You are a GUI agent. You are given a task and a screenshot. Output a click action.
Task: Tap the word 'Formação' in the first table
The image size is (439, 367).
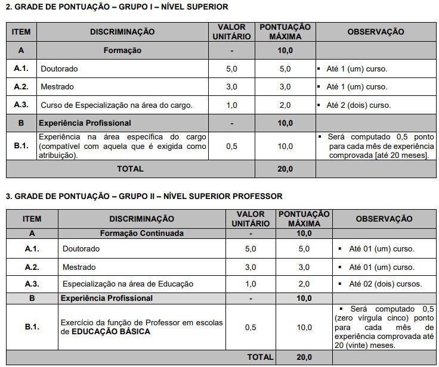pyautogui.click(x=122, y=51)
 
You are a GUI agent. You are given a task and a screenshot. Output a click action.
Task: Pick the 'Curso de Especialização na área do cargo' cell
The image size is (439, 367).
pyautogui.click(x=116, y=105)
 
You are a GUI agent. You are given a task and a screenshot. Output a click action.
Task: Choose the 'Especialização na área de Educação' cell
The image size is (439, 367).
pyautogui.click(x=128, y=284)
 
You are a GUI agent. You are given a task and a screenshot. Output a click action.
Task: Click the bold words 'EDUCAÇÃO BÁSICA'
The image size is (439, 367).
pyautogui.click(x=111, y=331)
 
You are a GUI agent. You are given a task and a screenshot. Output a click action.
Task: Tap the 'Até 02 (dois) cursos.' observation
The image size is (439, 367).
pyautogui.click(x=385, y=284)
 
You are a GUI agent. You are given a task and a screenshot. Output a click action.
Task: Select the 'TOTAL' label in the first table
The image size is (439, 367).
pyautogui.click(x=130, y=169)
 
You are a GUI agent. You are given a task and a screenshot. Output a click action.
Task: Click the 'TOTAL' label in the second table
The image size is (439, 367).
pyautogui.click(x=261, y=357)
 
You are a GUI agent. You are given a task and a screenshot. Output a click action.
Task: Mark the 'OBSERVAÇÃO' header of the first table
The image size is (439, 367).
pyautogui.click(x=375, y=32)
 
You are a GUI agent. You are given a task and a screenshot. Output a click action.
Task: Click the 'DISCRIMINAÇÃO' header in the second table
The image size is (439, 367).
pyautogui.click(x=141, y=219)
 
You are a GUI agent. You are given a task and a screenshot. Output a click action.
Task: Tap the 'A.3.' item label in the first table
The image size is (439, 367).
pyautogui.click(x=21, y=105)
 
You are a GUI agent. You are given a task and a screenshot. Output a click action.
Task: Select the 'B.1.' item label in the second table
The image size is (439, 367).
pyautogui.click(x=32, y=327)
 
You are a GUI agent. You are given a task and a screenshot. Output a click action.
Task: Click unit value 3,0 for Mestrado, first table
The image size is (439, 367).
pyautogui.click(x=231, y=87)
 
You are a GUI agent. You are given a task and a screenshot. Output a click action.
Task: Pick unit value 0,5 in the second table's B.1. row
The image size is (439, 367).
pyautogui.click(x=251, y=327)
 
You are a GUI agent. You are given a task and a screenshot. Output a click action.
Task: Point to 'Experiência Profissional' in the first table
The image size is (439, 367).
pyautogui.click(x=85, y=123)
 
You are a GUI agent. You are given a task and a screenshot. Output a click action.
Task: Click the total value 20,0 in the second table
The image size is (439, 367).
pyautogui.click(x=304, y=357)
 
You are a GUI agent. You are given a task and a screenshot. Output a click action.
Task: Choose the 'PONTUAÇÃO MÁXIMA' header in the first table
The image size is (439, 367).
pyautogui.click(x=285, y=32)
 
